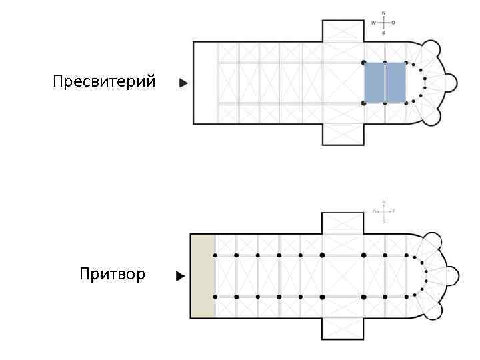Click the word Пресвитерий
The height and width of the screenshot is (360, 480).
pyautogui.click(x=104, y=82)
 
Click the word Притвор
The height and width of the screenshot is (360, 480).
pyautogui.click(x=112, y=274)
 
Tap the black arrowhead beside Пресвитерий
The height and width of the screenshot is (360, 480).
pyautogui.click(x=183, y=83)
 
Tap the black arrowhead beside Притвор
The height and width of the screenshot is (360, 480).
pyautogui.click(x=180, y=275)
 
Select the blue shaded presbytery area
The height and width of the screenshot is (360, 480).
pyautogui.click(x=385, y=83)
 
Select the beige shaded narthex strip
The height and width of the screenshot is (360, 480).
pyautogui.click(x=203, y=275)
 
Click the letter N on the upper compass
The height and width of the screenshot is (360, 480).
pyautogui.click(x=383, y=13)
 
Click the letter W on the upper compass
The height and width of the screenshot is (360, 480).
pyautogui.click(x=373, y=23)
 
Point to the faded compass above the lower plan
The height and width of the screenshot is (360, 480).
pyautogui.click(x=384, y=211)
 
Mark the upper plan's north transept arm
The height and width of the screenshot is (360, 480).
pyautogui.click(x=343, y=31)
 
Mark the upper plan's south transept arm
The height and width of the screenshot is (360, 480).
pyautogui.click(x=343, y=134)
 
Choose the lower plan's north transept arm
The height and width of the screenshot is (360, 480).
pyautogui.click(x=343, y=223)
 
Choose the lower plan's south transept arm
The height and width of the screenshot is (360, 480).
pyautogui.click(x=343, y=328)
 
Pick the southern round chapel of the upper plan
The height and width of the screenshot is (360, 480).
pyautogui.click(x=432, y=116)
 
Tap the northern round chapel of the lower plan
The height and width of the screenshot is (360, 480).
pyautogui.click(x=433, y=241)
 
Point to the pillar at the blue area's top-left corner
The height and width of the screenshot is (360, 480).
pyautogui.click(x=364, y=63)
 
